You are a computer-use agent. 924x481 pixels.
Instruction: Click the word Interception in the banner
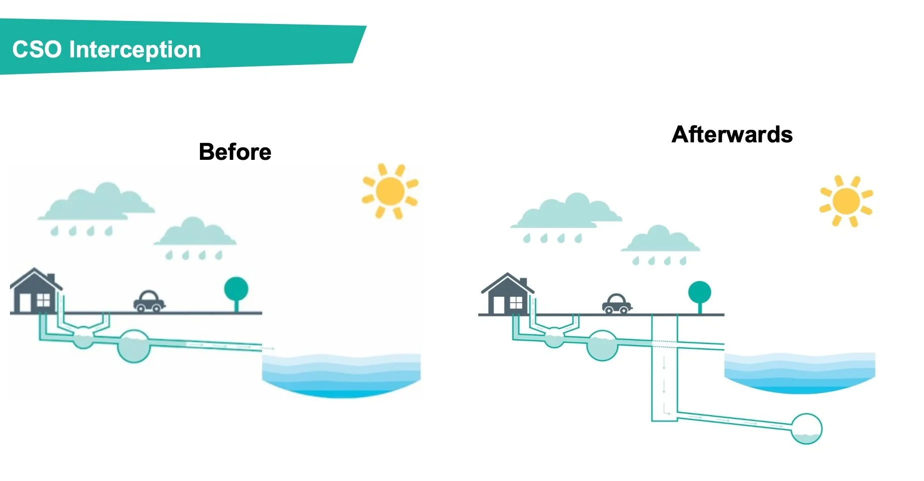tap(135, 50)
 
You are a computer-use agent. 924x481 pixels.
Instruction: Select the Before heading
tap(235, 152)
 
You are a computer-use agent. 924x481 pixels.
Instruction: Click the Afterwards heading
tap(732, 134)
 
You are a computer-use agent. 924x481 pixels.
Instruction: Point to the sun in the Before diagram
tap(390, 191)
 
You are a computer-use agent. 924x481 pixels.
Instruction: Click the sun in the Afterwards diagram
tap(846, 201)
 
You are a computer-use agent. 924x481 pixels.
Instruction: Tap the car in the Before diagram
tap(149, 301)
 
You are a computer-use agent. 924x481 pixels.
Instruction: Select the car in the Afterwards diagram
tap(617, 304)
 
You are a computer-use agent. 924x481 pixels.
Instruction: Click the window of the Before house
tap(43, 300)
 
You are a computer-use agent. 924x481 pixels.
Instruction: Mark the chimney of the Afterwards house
tap(523, 283)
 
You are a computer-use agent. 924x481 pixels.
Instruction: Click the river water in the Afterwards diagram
tap(800, 372)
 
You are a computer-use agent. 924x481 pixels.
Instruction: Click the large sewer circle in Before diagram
tap(134, 346)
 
